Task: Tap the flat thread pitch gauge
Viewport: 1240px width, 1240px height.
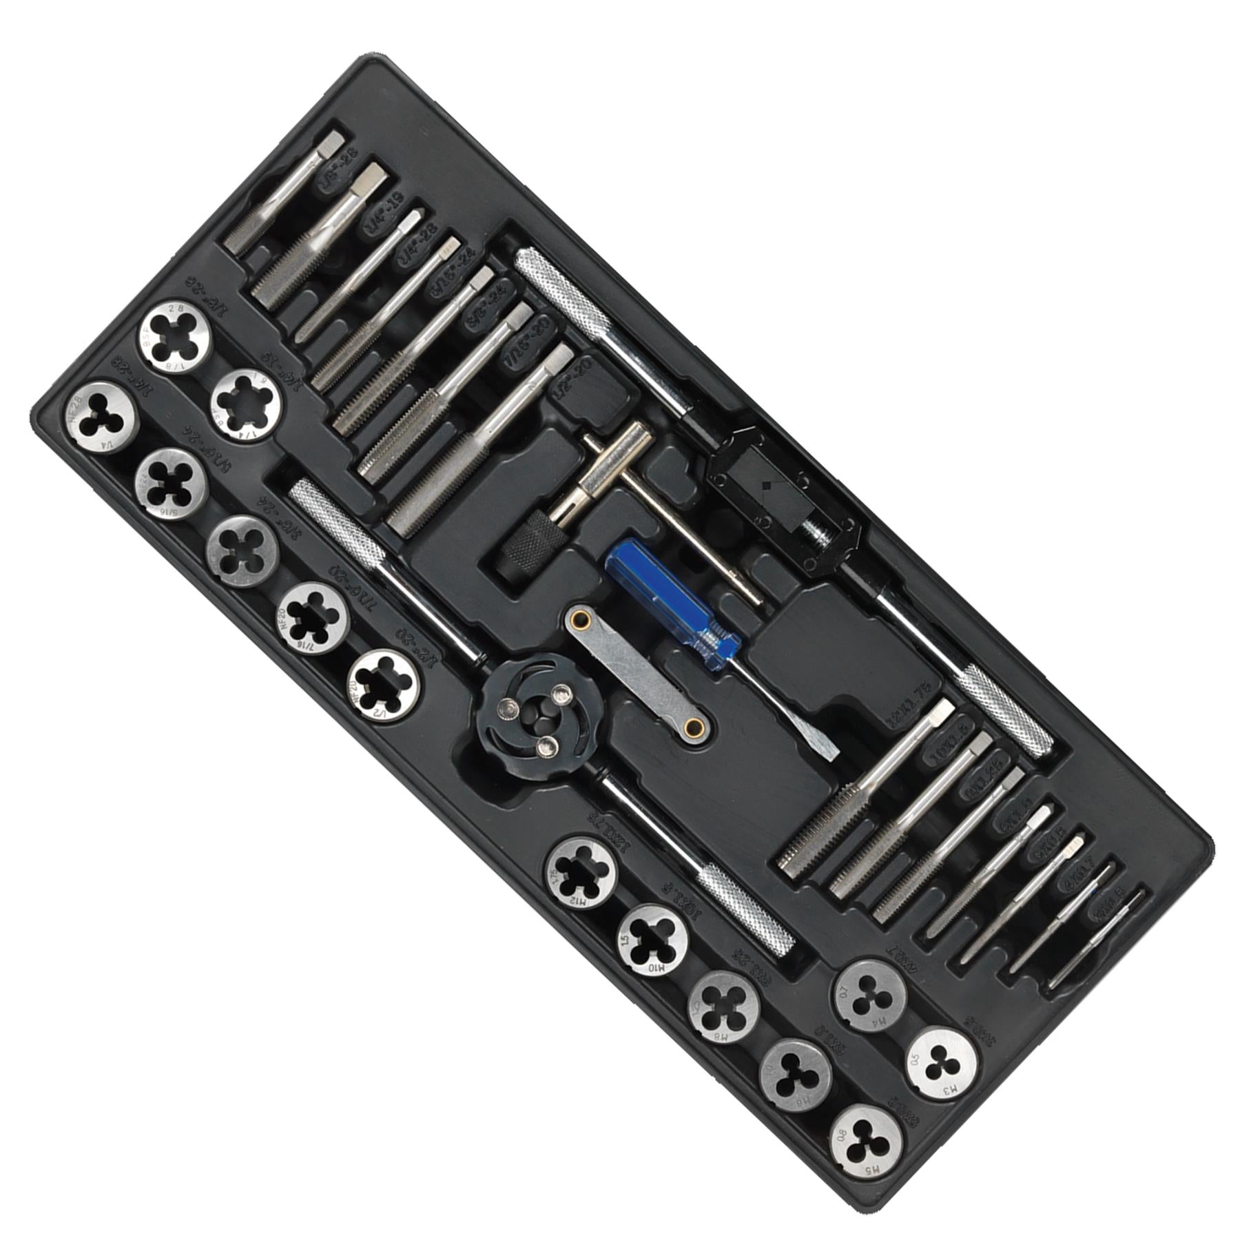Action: coord(637,673)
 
